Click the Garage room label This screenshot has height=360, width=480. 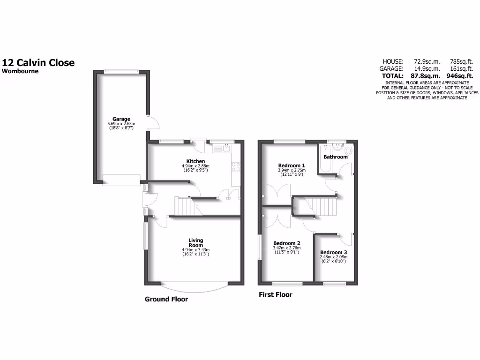[x=121, y=119]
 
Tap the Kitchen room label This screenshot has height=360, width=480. [x=195, y=161]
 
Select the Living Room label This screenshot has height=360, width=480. [x=195, y=242]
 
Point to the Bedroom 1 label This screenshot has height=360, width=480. [x=292, y=165]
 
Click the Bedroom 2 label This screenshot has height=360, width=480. [x=286, y=243]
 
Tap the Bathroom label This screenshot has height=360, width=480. [x=336, y=157]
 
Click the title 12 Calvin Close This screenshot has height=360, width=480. [x=38, y=63]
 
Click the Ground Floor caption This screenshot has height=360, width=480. [x=166, y=299]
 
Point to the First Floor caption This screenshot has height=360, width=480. [x=276, y=295]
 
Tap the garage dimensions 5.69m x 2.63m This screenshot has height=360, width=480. [x=121, y=124]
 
